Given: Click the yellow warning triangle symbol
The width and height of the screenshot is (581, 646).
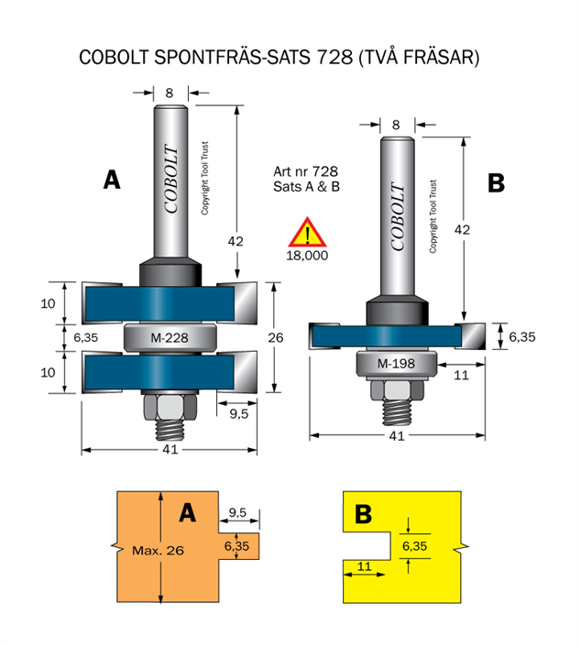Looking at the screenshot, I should click(x=308, y=233).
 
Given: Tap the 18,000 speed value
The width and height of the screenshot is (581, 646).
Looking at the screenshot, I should click(x=308, y=256).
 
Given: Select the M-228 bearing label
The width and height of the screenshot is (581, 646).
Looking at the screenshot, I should click(x=169, y=337).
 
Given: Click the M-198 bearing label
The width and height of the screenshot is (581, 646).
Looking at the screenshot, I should click(x=396, y=364).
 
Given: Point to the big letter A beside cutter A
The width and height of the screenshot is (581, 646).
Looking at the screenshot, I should click(x=111, y=181).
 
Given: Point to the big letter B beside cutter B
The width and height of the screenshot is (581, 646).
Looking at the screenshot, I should click(x=496, y=183).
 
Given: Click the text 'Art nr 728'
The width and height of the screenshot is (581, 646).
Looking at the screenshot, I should click(x=305, y=171).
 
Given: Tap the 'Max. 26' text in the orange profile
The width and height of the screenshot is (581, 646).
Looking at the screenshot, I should click(x=158, y=551).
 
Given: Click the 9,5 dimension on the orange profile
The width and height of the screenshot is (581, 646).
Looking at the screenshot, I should click(x=237, y=512).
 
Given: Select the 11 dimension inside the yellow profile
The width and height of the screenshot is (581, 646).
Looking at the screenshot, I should click(x=365, y=566).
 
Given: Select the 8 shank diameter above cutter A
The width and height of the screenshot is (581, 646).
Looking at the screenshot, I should click(x=170, y=92).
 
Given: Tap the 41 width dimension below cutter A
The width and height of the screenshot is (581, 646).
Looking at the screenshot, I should click(x=170, y=450).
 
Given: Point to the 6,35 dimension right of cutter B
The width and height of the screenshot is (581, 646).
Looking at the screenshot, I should click(x=521, y=336).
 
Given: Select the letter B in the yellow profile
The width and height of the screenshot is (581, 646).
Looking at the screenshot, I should click(x=363, y=515).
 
